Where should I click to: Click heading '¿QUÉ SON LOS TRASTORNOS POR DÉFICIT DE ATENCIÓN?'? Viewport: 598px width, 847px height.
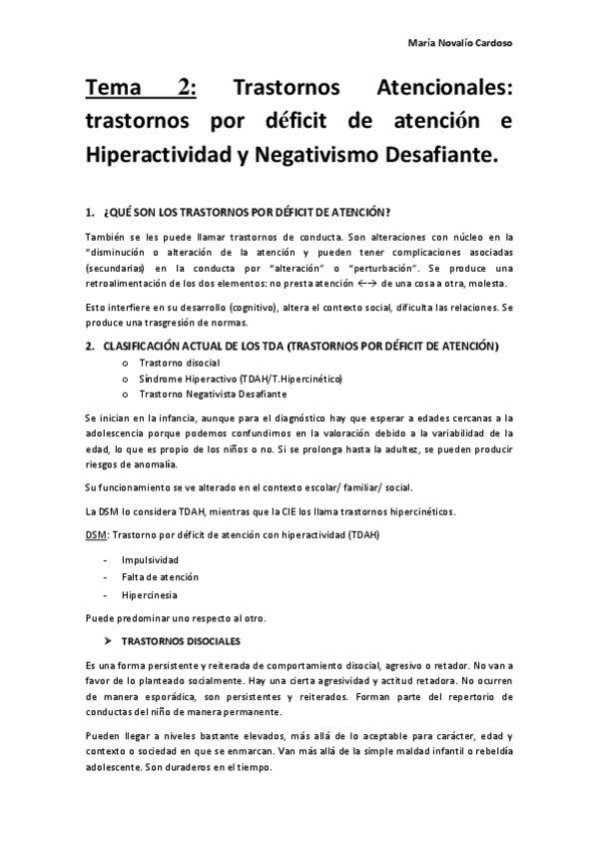click(247, 212)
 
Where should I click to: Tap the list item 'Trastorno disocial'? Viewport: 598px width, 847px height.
click(180, 362)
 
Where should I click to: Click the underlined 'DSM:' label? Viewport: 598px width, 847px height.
click(97, 536)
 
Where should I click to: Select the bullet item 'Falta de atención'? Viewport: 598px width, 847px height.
click(160, 577)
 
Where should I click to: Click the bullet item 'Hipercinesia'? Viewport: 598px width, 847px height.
click(151, 595)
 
